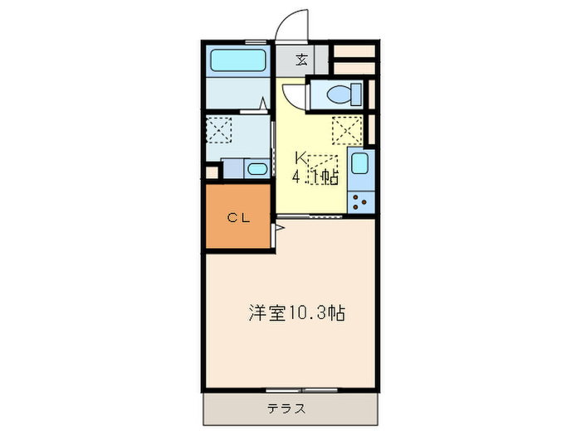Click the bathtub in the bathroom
coord(237,61)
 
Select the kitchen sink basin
coord(359,164)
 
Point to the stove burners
coord(360,201)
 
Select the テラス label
coord(286,408)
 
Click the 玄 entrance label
coord(302,60)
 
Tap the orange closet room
coord(238,216)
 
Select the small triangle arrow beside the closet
coord(280,225)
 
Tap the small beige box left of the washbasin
coord(212,172)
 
